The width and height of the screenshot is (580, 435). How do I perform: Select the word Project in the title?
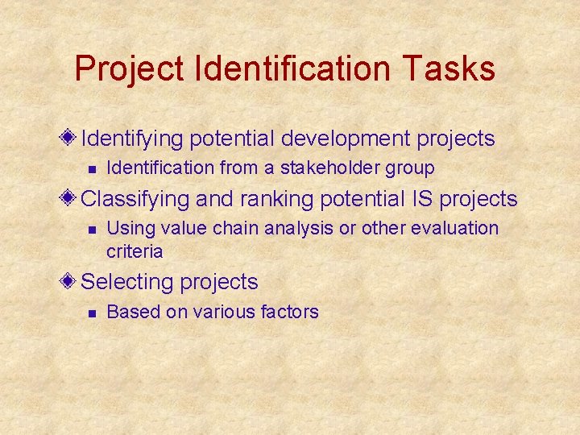click(130, 69)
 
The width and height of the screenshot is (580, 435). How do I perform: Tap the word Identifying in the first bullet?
click(133, 139)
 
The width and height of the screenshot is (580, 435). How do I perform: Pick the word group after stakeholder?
click(412, 169)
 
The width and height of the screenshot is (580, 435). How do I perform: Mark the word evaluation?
click(454, 229)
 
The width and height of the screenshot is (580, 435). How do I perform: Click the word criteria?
click(135, 251)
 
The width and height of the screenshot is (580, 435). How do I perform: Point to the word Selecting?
click(128, 283)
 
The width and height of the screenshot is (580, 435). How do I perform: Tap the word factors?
click(290, 312)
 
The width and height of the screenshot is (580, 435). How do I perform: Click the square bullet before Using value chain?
click(92, 230)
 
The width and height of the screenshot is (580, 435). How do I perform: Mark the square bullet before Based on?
click(92, 313)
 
